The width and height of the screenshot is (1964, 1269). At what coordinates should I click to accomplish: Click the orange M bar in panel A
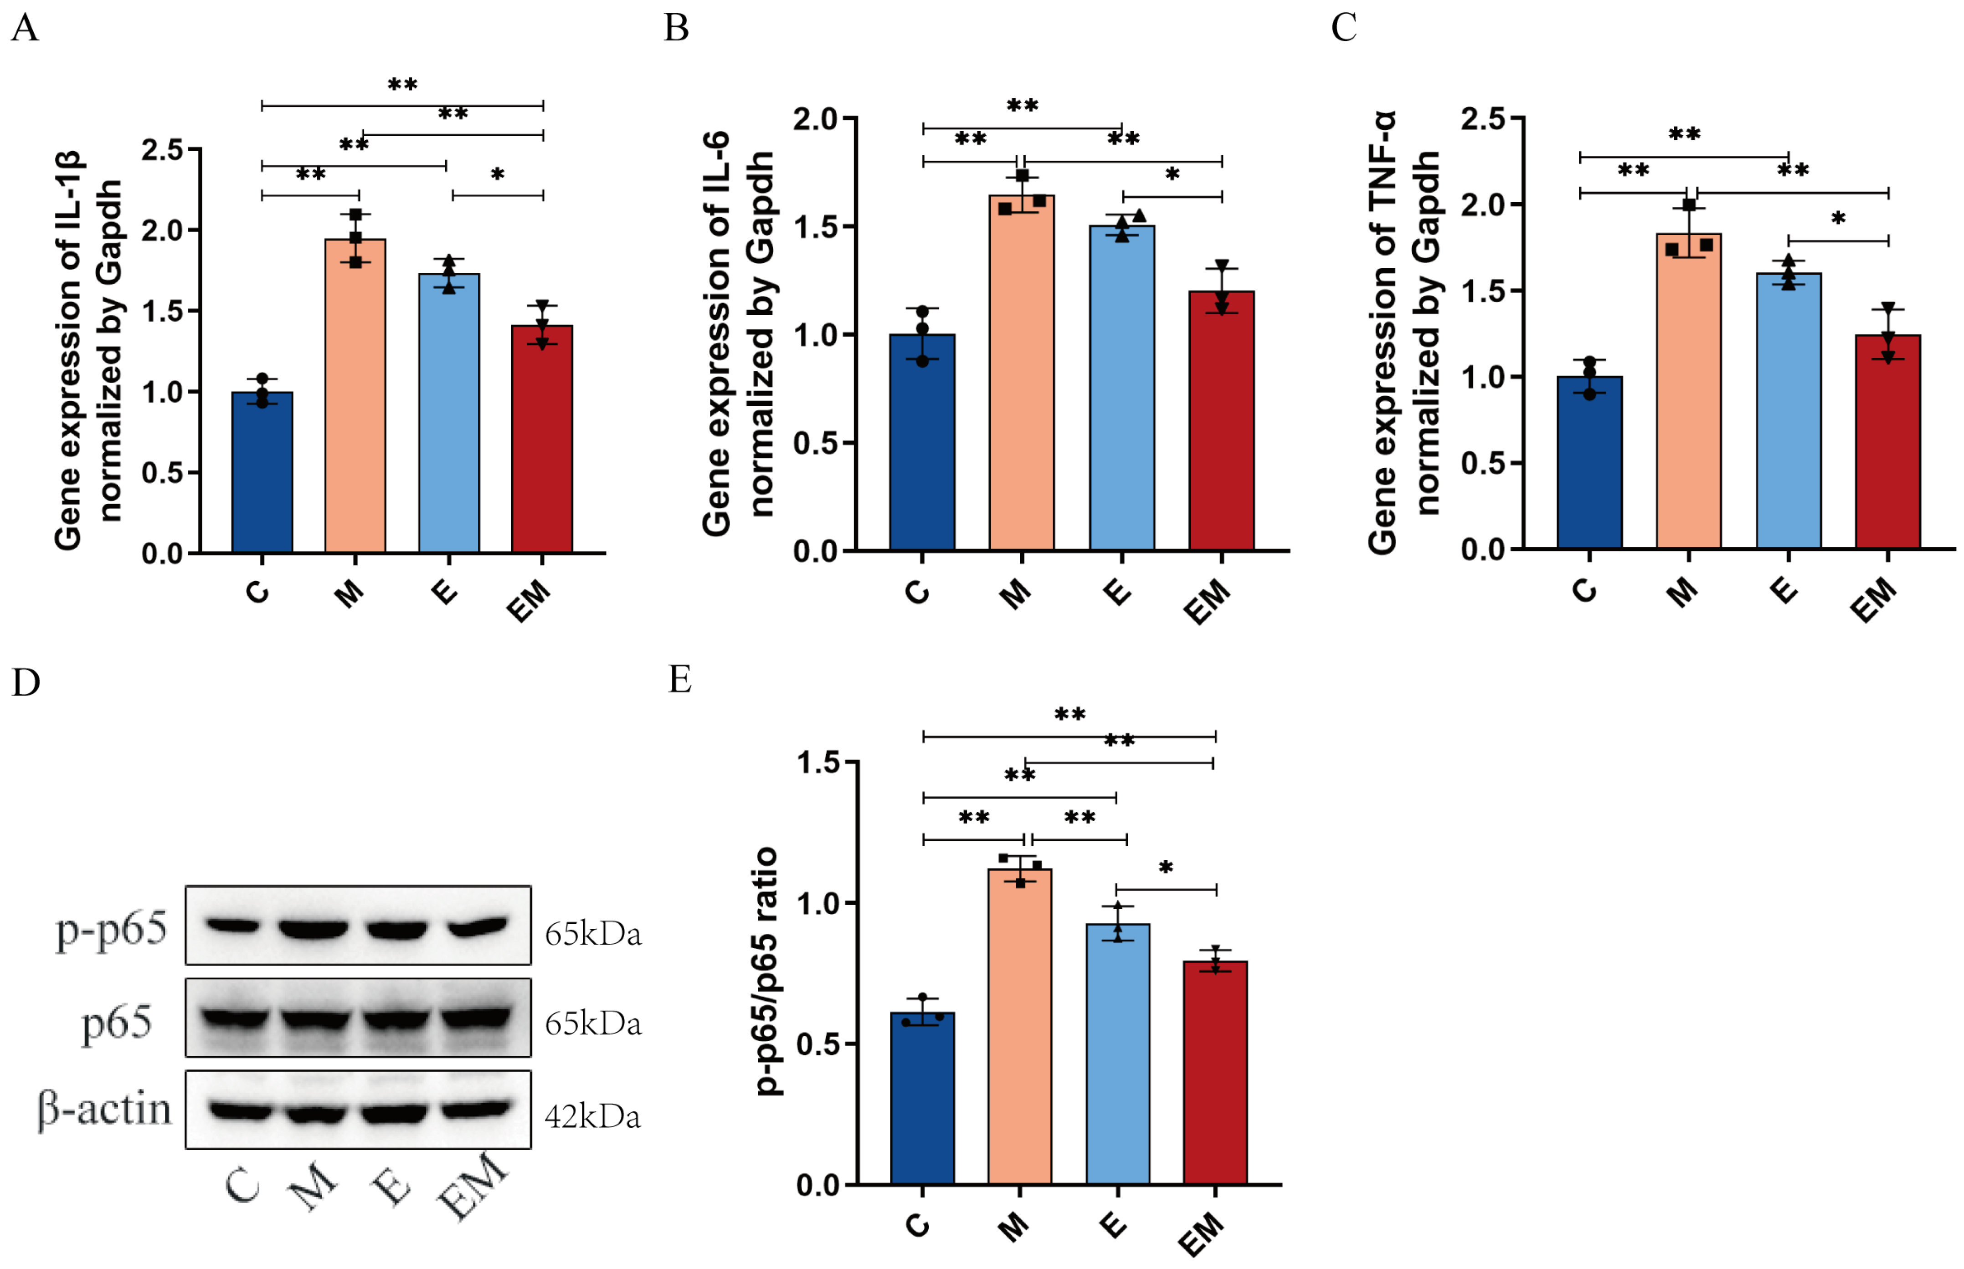click(355, 395)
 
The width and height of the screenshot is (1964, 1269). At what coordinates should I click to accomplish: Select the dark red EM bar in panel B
click(1221, 420)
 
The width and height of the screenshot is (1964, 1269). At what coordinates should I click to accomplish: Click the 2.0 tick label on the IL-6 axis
click(814, 119)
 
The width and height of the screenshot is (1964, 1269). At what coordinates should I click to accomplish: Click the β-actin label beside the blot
click(105, 1109)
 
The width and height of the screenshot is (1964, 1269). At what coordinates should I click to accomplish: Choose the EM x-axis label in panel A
click(528, 600)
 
